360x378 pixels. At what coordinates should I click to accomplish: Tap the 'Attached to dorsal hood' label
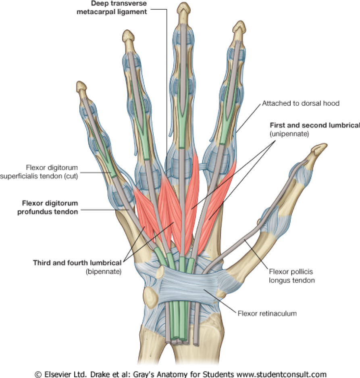tap(301, 103)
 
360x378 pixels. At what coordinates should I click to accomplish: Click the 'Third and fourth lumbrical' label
tap(77, 263)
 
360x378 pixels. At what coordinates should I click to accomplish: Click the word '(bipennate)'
tap(103, 272)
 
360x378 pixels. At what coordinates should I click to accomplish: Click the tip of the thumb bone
tap(319, 148)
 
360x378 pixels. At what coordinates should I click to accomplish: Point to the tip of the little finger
tap(81, 85)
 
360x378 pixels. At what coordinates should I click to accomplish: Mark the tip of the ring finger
tap(129, 35)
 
